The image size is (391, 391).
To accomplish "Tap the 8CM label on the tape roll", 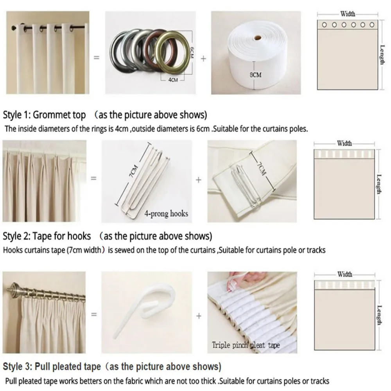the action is click(x=256, y=75).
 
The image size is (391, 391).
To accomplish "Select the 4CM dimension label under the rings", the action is click(x=173, y=80).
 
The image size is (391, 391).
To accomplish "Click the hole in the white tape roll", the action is click(x=258, y=38).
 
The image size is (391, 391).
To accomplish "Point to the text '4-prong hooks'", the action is click(x=166, y=214).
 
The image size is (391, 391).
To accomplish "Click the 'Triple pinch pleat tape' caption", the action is click(x=246, y=345).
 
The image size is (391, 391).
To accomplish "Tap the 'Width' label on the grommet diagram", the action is click(x=348, y=14).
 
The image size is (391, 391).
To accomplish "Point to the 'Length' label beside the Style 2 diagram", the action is click(x=379, y=184).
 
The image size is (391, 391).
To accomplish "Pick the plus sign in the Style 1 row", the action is click(x=203, y=59).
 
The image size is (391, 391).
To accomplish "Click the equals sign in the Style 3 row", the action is click(x=94, y=314).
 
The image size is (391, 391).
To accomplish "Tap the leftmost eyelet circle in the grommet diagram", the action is click(x=325, y=25).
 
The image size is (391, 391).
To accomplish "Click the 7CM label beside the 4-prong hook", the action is click(x=134, y=171).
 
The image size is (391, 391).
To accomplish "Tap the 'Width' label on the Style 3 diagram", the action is click(x=345, y=274).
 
